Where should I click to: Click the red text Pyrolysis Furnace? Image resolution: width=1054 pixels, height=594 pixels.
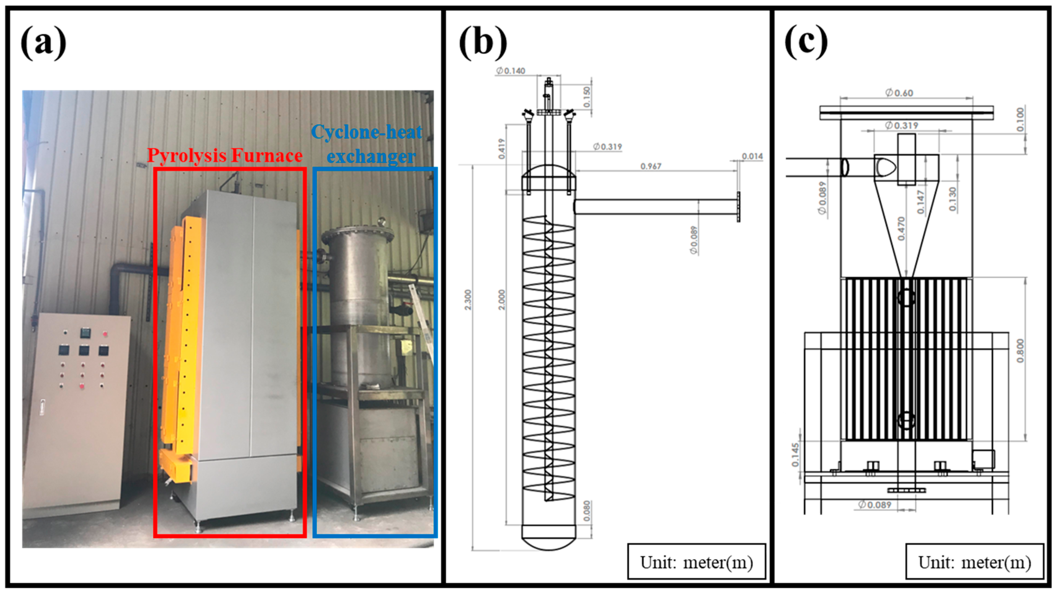pyautogui.click(x=225, y=156)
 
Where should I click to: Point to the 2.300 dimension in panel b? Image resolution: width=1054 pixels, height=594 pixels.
pyautogui.click(x=468, y=300)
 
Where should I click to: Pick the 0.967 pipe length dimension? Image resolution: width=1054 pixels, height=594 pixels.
pyautogui.click(x=651, y=166)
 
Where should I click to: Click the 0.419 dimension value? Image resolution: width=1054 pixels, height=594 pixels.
pyautogui.click(x=502, y=148)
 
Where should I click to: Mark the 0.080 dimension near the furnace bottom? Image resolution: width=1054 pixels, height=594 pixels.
pyautogui.click(x=587, y=511)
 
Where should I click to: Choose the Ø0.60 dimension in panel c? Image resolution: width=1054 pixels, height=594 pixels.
pyautogui.click(x=899, y=93)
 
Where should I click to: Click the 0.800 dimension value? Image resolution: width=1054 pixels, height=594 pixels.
pyautogui.click(x=1020, y=351)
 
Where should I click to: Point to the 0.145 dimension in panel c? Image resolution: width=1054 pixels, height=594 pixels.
pyautogui.click(x=795, y=455)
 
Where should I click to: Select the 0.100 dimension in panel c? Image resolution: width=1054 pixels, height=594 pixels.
pyautogui.click(x=1020, y=119)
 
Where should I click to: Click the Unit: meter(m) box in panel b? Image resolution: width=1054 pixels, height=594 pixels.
pyautogui.click(x=696, y=563)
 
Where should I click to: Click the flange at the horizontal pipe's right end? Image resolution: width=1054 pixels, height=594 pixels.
pyautogui.click(x=738, y=207)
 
